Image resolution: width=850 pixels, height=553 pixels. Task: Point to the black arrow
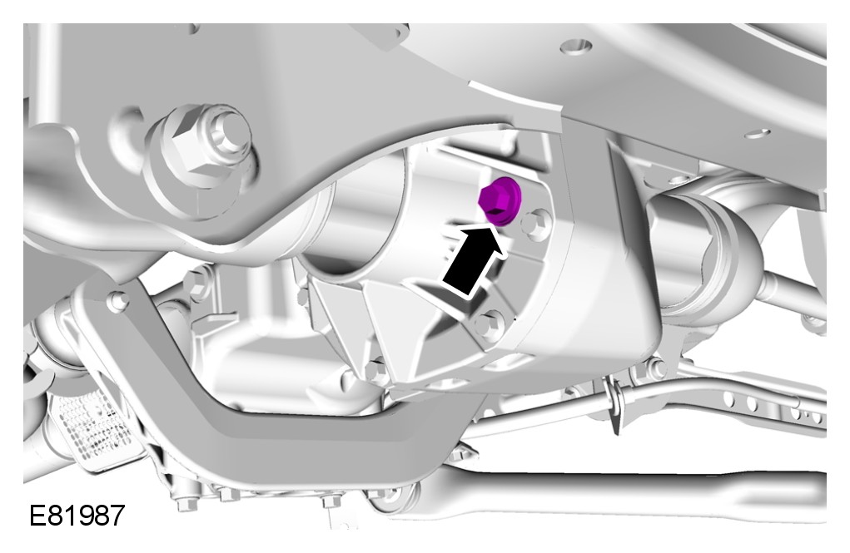tap(473, 260)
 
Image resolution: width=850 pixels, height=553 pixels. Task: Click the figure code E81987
tap(77, 515)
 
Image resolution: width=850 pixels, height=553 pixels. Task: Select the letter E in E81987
tap(37, 515)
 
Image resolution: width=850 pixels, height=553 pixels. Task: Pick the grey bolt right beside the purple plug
tap(535, 225)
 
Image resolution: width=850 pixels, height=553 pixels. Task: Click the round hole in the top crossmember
tap(577, 47)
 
